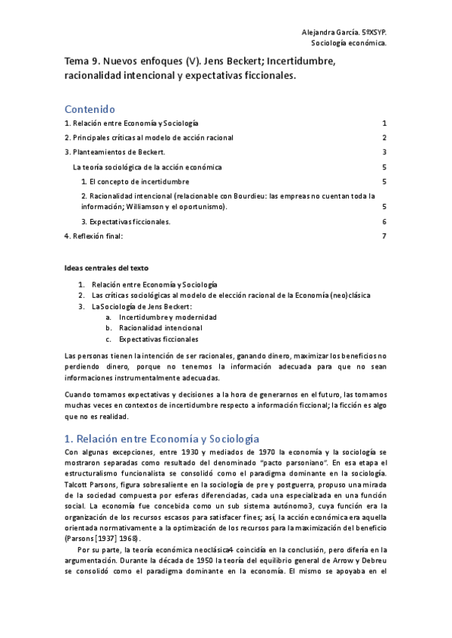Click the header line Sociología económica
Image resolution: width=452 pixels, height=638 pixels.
click(354, 44)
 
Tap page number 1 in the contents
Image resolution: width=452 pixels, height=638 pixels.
click(384, 123)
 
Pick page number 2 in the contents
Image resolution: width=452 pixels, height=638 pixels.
click(384, 138)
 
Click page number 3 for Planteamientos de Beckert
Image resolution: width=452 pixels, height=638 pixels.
click(384, 153)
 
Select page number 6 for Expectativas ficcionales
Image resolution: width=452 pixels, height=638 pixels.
click(384, 222)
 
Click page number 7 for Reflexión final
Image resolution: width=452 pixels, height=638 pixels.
click(384, 236)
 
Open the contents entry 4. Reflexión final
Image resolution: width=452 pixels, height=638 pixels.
click(93, 236)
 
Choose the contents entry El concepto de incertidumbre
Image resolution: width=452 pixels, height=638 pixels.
click(135, 181)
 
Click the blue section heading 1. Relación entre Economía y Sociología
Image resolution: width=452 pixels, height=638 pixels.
click(162, 439)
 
